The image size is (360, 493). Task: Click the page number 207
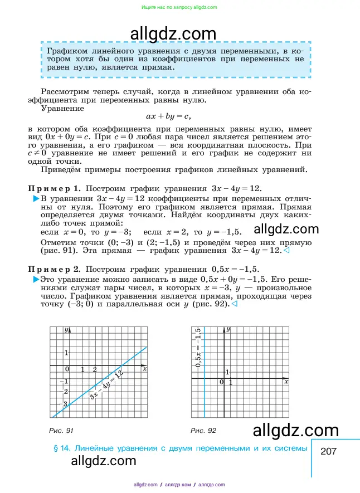329,452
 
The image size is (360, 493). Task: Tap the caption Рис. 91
61,431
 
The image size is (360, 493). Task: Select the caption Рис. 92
203,431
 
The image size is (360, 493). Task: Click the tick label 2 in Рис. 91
95,370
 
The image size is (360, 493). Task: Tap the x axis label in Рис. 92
286,382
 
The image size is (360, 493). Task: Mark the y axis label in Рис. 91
66,330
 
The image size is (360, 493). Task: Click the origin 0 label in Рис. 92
221,382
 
